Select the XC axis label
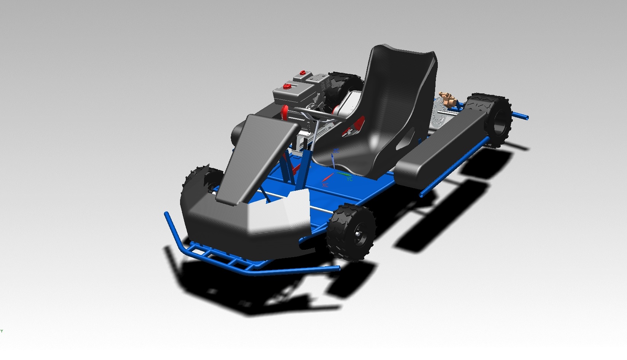pyautogui.click(x=325, y=185)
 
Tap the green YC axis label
pyautogui.click(x=349, y=179)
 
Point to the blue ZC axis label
pyautogui.click(x=336, y=151)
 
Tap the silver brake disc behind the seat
pyautogui.click(x=440, y=114)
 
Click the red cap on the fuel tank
pyautogui.click(x=287, y=87)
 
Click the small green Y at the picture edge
pyautogui.click(x=2, y=331)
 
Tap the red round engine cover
pyautogui.click(x=284, y=112)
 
